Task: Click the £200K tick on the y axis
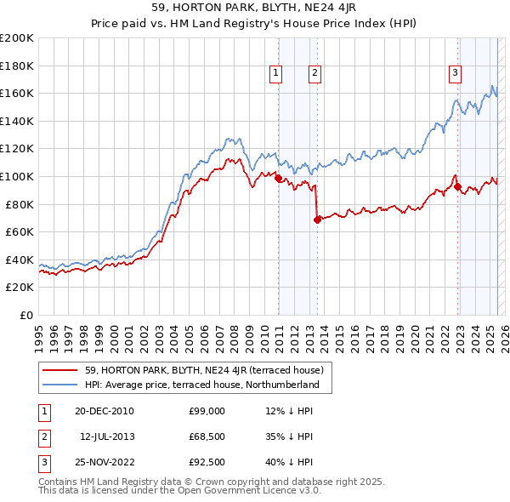(17, 38)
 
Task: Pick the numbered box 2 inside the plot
(314, 74)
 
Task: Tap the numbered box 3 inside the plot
(456, 73)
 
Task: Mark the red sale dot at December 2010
(278, 179)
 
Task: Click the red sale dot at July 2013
(317, 220)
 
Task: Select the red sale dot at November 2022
(457, 186)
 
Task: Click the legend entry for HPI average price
(201, 385)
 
